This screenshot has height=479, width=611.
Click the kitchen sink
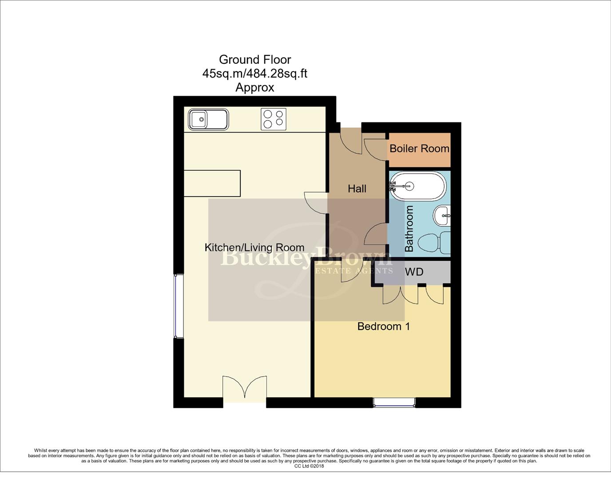click(208, 119)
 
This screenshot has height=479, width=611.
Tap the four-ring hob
click(273, 119)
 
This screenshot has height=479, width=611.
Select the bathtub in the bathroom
click(417, 186)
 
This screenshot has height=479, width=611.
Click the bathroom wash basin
click(441, 216)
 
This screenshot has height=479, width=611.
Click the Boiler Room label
click(419, 149)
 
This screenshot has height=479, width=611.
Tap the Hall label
click(357, 189)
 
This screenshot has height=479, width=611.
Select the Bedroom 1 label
click(384, 326)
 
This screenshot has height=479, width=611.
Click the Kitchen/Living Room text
click(254, 247)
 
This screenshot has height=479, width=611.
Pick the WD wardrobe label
click(414, 272)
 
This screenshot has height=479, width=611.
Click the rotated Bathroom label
click(409, 229)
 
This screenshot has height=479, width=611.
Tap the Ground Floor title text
click(255, 59)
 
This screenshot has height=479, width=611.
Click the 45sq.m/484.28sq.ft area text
click(255, 73)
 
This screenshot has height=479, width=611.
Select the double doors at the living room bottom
click(245, 388)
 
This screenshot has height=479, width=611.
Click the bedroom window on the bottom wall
click(394, 402)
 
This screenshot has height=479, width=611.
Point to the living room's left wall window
click(178, 306)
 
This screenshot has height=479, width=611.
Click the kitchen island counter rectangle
click(212, 183)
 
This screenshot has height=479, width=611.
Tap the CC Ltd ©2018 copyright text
click(309, 466)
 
